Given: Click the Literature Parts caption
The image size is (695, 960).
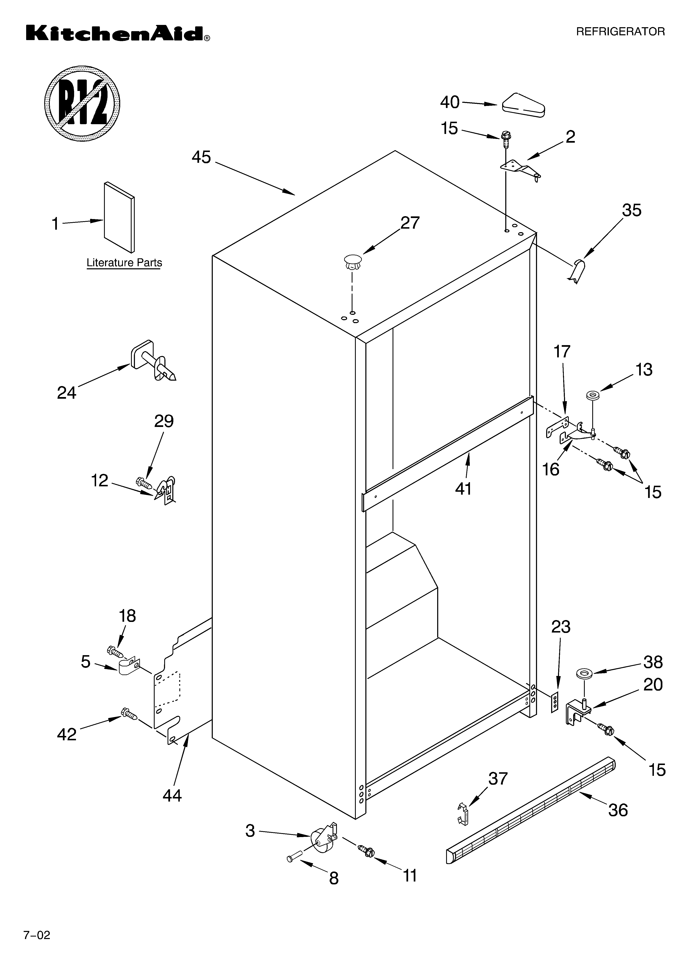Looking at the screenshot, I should point(124,263).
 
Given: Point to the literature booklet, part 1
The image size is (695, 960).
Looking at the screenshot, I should point(119,217).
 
